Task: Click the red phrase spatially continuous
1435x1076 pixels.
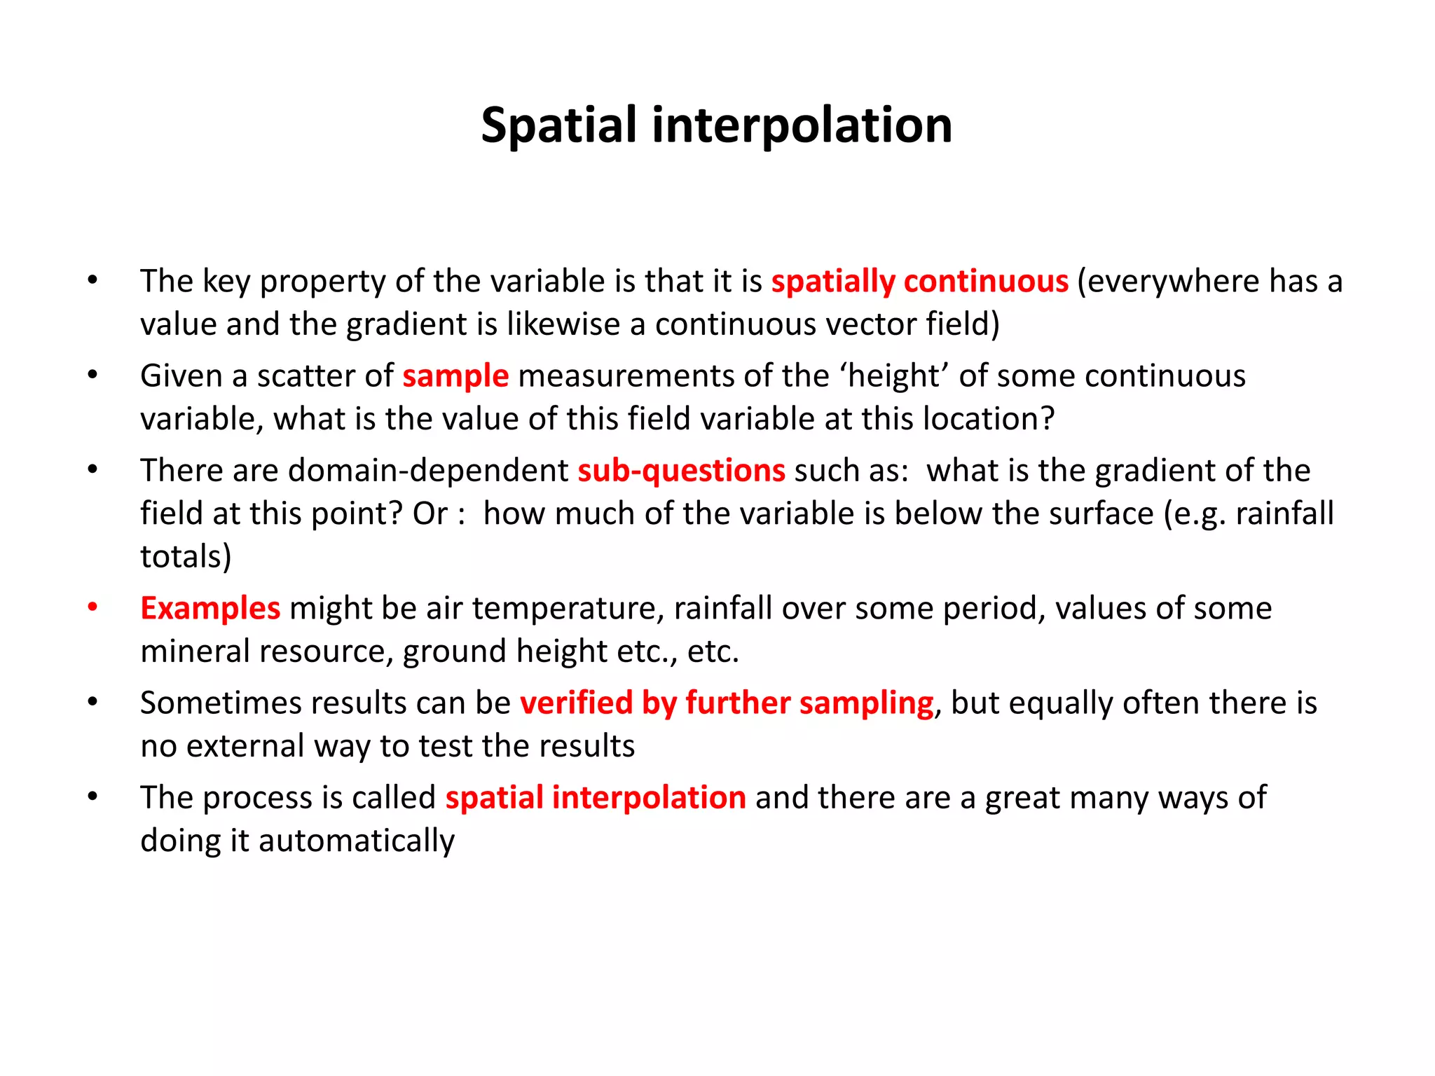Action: point(919,282)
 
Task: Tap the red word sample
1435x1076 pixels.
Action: point(455,376)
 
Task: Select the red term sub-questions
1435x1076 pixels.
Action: point(681,471)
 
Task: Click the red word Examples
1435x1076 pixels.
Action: point(210,608)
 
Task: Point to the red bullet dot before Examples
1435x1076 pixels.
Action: point(92,607)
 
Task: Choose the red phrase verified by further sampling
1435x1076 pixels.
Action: point(727,703)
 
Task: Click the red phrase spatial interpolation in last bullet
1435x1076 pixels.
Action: point(596,798)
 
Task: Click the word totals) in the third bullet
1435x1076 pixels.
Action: point(186,557)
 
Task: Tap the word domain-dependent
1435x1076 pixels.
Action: point(428,471)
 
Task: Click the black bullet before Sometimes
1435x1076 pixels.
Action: point(92,702)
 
